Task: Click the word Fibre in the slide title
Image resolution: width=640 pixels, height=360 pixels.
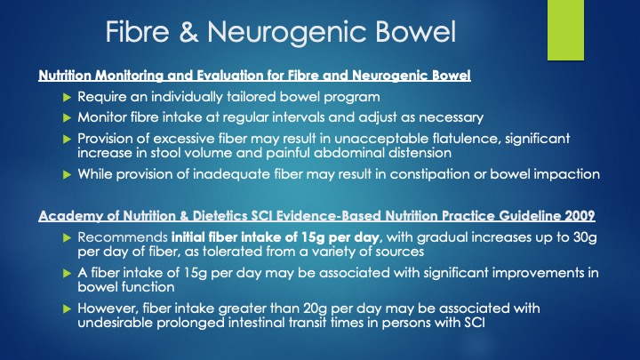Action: [137, 31]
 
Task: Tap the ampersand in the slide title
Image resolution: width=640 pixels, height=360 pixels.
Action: [188, 31]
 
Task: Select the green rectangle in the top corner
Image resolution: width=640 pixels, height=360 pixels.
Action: [565, 30]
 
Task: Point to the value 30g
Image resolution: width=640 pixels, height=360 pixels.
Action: [585, 237]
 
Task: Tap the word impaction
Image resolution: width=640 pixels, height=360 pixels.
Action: [567, 174]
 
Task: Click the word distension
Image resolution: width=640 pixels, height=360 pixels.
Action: [420, 153]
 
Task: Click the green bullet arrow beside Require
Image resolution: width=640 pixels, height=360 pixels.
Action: [68, 98]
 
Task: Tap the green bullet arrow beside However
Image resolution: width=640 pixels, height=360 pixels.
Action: [68, 309]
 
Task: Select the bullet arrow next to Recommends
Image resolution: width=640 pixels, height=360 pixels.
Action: [68, 238]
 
